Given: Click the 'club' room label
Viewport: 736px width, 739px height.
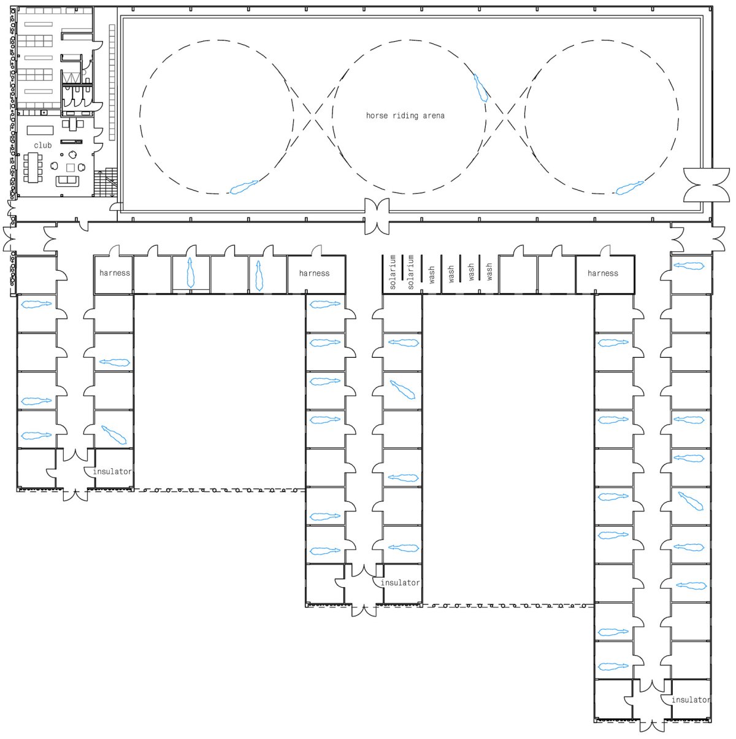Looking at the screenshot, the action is click(42, 145).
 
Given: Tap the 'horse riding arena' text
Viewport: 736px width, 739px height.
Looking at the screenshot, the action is click(405, 115).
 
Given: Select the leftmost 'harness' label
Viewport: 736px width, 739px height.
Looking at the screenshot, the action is click(115, 273).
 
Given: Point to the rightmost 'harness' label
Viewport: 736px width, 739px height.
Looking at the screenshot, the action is click(603, 273).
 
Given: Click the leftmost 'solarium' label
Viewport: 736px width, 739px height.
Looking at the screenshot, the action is click(392, 272).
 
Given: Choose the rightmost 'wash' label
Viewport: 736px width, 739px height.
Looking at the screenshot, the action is click(489, 271).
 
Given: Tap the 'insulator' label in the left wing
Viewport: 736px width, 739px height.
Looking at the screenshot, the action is click(112, 471).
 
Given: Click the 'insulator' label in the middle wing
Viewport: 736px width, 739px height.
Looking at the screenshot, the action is click(400, 583).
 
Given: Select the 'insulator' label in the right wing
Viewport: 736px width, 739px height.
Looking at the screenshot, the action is click(691, 700).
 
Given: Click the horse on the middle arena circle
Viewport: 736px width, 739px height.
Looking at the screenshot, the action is click(480, 88).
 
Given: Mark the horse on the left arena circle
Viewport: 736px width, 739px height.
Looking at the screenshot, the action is click(243, 187).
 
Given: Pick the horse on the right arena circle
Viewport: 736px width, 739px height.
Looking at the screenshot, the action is click(630, 188).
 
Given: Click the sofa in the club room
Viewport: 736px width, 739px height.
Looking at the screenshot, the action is click(67, 181).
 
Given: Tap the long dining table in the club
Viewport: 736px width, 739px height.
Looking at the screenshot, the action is click(33, 167).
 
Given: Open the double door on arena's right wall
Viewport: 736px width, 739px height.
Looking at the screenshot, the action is click(707, 185).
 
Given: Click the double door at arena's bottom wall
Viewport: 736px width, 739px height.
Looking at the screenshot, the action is click(377, 216).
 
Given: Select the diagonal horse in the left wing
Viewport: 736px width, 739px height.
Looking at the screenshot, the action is click(113, 435).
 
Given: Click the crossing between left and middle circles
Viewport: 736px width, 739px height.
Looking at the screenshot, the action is click(313, 115).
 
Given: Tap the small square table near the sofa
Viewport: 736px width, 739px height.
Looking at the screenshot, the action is click(71, 167).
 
